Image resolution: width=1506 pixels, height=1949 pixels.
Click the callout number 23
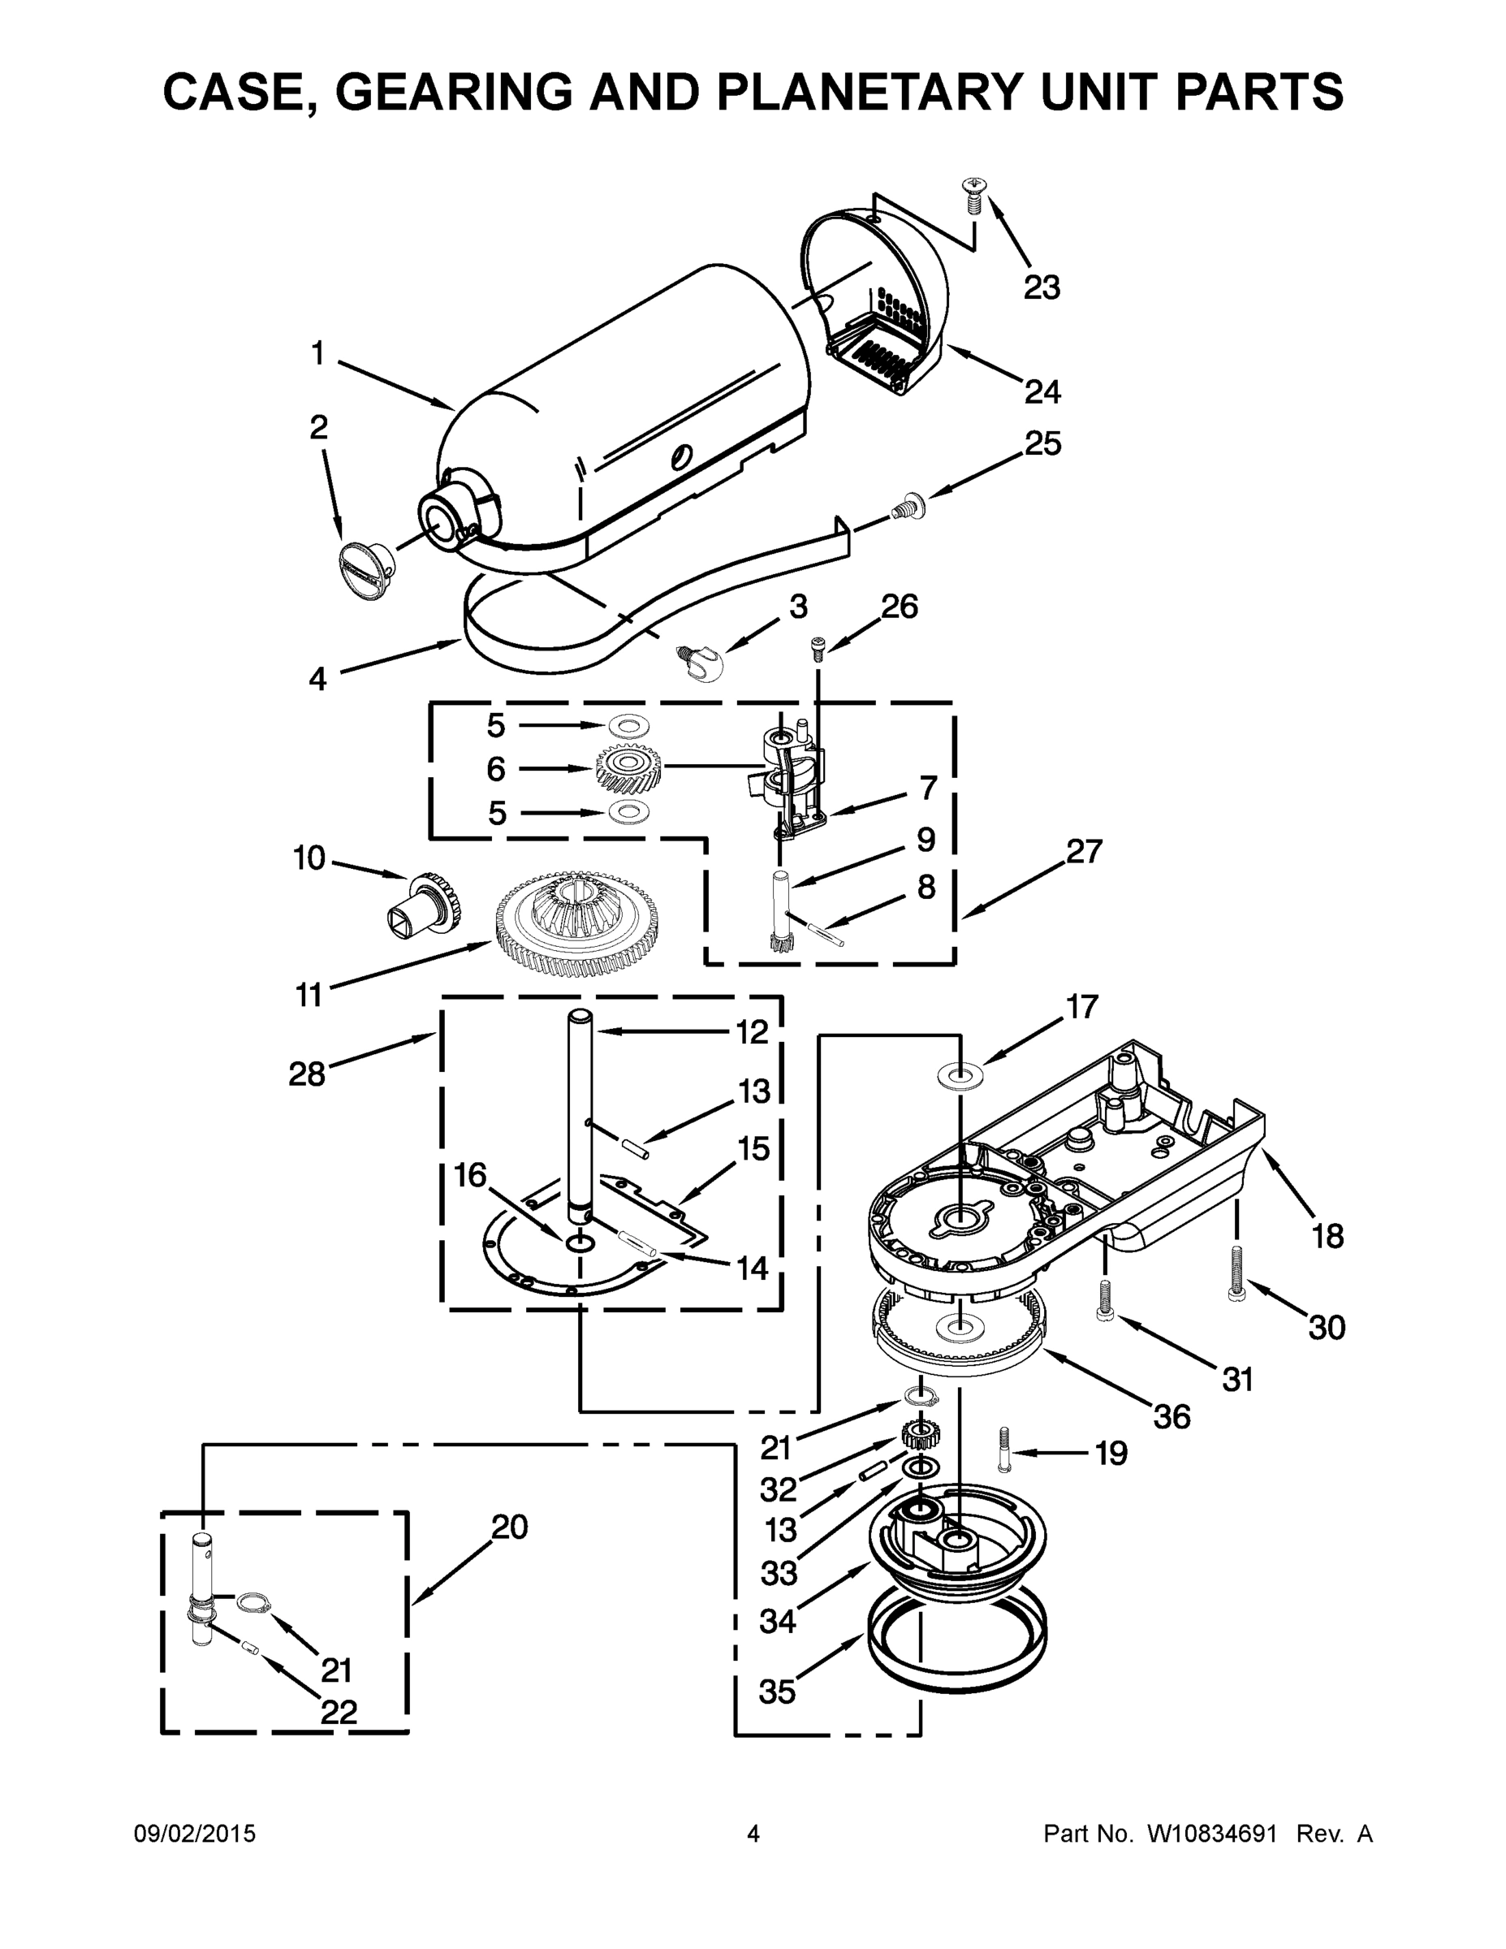[1041, 287]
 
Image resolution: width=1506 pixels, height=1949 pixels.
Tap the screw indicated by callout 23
[973, 196]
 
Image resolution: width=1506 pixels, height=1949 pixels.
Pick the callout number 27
[1084, 851]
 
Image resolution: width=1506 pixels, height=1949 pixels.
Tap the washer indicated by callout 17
[960, 1072]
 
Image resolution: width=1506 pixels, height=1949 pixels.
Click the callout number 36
[1171, 1416]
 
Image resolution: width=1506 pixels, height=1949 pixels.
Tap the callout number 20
[509, 1527]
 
